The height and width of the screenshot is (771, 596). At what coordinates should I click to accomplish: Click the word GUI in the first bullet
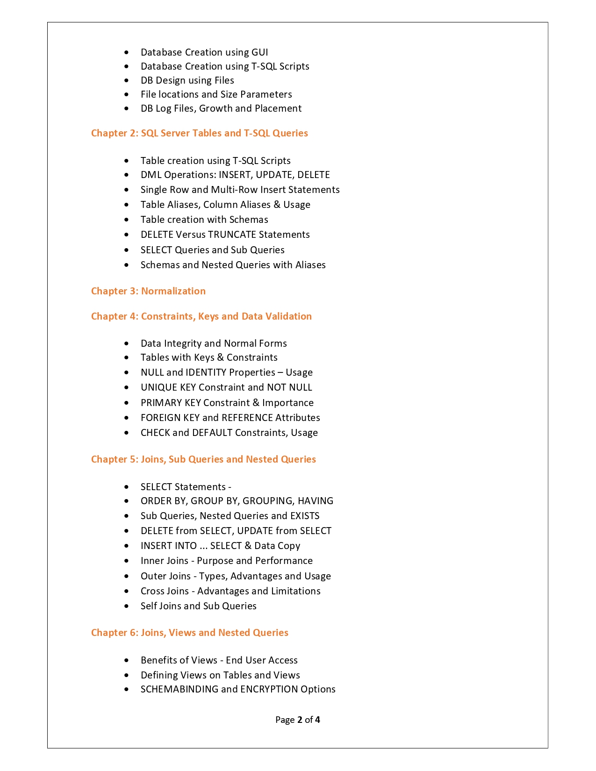(x=259, y=52)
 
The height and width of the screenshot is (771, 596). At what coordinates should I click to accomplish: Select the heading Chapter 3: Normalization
(x=148, y=291)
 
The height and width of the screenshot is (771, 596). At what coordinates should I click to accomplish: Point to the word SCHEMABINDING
(x=180, y=689)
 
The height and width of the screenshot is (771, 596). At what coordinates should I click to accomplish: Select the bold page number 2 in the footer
(x=300, y=720)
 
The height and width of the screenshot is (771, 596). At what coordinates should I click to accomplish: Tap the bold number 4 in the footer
(x=317, y=720)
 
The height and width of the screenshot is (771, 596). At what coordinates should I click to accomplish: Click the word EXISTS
(x=305, y=516)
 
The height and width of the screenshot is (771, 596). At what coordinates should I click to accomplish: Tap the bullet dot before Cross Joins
(x=127, y=591)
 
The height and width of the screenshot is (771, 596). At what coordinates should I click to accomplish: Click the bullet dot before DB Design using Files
(x=127, y=80)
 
